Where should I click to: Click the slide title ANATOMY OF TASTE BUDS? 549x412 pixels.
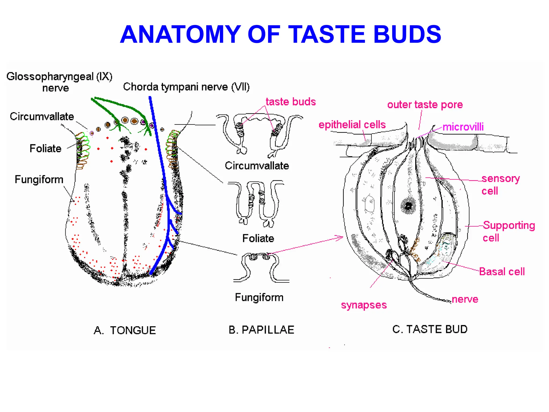tap(280, 34)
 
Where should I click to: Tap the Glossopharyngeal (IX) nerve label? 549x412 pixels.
tap(59, 82)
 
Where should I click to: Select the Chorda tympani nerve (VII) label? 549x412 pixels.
tap(186, 87)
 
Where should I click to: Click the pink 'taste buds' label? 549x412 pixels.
tap(291, 102)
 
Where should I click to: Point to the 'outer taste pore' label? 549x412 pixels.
tap(425, 105)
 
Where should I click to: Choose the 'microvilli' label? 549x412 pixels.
tap(463, 127)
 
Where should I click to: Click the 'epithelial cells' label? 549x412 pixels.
tap(352, 125)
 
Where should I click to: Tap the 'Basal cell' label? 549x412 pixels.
tap(502, 272)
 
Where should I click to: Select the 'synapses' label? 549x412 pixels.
tap(364, 305)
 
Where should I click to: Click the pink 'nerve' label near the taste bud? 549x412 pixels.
tap(465, 299)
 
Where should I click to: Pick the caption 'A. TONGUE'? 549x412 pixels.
tap(125, 330)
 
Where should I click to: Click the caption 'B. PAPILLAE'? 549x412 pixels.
tap(261, 330)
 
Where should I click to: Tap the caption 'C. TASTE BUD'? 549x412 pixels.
tap(430, 329)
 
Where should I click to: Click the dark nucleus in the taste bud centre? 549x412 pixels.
tap(408, 206)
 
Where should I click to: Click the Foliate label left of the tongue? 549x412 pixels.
tap(45, 148)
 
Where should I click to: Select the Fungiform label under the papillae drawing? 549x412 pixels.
tap(259, 297)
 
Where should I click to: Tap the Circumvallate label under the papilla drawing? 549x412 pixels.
tap(257, 166)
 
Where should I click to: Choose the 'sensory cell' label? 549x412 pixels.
tap(500, 185)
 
